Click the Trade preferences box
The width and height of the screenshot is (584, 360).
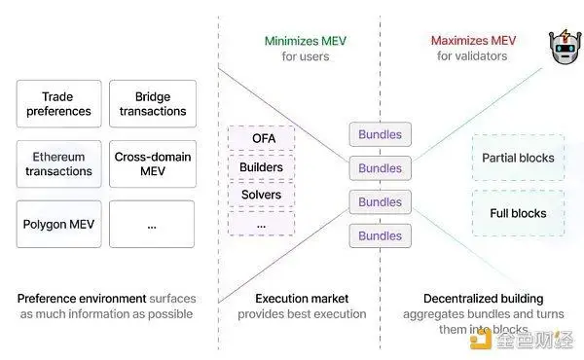[x=58, y=103]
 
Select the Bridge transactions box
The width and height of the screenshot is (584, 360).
[x=153, y=103]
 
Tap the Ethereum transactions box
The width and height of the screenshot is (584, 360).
[x=58, y=163]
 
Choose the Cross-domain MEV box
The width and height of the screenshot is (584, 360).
[x=153, y=163]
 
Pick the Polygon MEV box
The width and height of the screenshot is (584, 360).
[x=58, y=224]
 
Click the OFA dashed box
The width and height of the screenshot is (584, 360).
[x=262, y=138]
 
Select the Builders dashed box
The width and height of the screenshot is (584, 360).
[x=262, y=167]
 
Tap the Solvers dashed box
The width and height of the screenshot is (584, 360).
[x=262, y=195]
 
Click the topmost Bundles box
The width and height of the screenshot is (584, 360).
[x=381, y=134]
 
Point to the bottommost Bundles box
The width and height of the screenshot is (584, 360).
[x=381, y=235]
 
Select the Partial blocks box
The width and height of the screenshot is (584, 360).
[x=519, y=158]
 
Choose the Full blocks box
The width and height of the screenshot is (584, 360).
[x=519, y=213]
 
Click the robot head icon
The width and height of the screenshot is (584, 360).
[x=565, y=47]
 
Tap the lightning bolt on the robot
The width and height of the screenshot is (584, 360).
[x=566, y=36]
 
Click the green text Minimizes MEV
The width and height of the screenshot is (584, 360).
[x=306, y=41]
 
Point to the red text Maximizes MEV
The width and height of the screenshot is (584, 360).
[x=473, y=40]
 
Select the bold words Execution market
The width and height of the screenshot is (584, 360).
[x=302, y=299]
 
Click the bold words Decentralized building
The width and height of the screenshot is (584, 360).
[x=484, y=299]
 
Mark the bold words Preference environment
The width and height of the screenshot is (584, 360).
[x=82, y=299]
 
